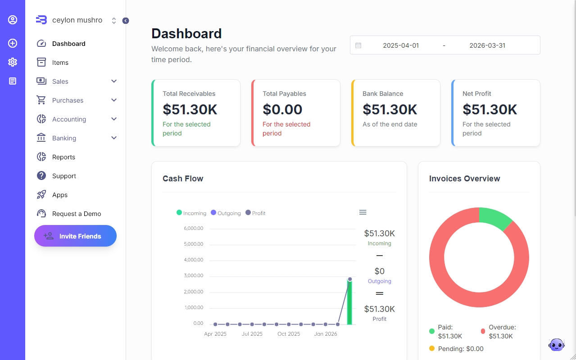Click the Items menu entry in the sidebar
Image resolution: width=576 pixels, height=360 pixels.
60,63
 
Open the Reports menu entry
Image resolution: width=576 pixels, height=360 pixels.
63,157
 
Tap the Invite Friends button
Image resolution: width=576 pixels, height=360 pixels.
75,236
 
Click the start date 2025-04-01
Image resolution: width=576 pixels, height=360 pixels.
400,45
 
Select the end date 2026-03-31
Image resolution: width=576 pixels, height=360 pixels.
487,45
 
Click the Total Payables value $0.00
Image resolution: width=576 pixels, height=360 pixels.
282,109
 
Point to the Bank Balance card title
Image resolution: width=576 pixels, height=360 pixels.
383,94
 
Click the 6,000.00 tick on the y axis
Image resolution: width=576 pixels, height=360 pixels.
194,228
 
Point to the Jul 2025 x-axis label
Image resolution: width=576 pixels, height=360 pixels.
252,334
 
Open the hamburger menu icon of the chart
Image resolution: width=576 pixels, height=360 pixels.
363,212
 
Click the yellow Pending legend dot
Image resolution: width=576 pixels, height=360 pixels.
432,348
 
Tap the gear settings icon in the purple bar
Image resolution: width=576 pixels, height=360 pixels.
13,62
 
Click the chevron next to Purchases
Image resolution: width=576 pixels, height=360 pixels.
114,100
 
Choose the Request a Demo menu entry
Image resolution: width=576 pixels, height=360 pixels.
77,214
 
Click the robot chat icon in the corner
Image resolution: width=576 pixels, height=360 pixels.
556,345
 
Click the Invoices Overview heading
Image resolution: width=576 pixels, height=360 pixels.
464,179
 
